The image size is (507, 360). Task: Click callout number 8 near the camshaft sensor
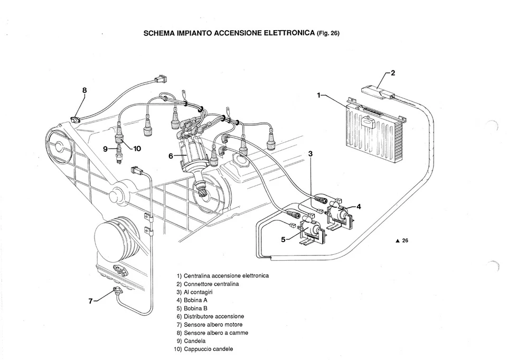84,90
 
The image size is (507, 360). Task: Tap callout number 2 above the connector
393,73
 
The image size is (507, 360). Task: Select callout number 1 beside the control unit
319,95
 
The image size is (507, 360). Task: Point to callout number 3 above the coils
311,154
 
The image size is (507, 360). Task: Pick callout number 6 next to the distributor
171,156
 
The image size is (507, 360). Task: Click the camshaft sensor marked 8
77,118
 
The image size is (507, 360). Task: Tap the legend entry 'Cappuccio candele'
207,349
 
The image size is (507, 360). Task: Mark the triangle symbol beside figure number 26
397,241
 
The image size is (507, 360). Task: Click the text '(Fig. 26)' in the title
328,33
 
